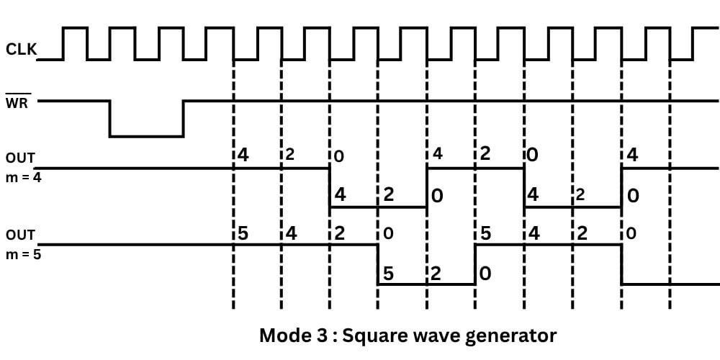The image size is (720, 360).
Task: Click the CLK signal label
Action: click(20, 50)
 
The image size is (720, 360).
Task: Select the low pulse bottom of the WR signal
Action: click(146, 135)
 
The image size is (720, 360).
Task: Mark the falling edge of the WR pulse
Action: click(109, 118)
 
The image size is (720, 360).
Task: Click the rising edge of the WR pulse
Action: click(184, 118)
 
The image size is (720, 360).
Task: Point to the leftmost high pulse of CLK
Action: click(74, 30)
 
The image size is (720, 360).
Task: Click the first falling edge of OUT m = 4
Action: click(330, 188)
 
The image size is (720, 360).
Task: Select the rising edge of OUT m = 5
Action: click(475, 264)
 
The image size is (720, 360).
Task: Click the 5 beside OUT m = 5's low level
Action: click(388, 274)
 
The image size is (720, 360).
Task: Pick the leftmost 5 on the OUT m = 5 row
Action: click(243, 233)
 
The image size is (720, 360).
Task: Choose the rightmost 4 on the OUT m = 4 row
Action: click(633, 156)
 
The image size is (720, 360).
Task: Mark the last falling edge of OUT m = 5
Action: click(622, 264)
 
